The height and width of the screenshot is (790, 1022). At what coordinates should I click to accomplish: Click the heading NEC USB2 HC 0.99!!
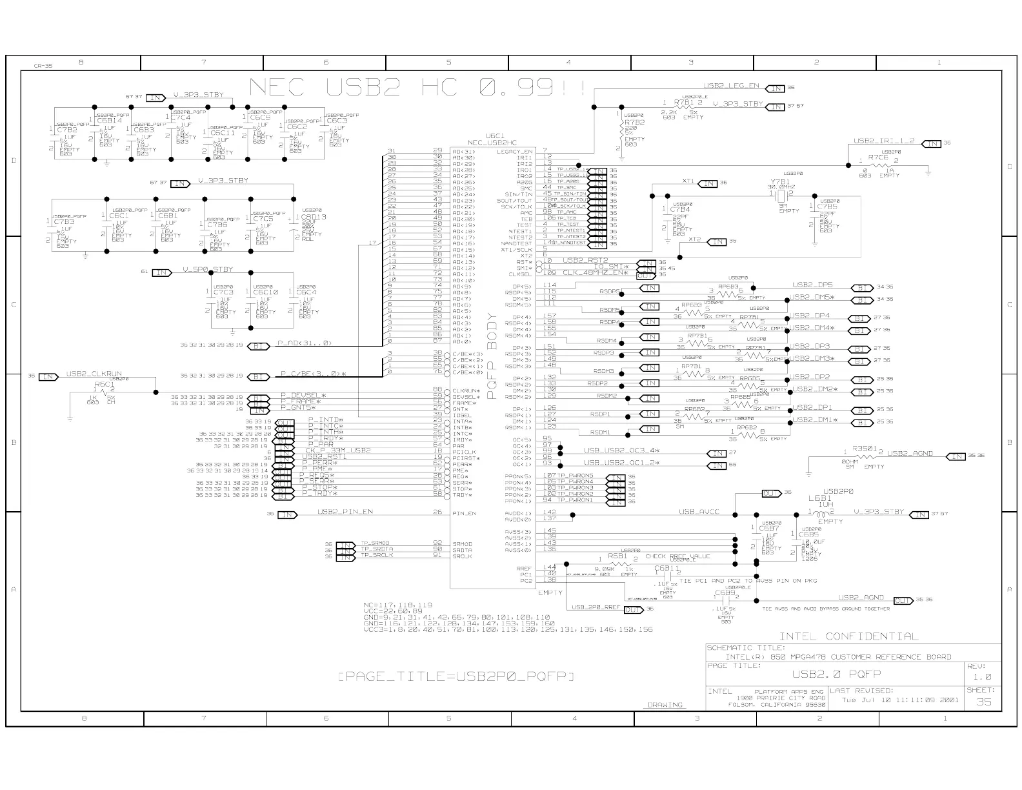click(417, 88)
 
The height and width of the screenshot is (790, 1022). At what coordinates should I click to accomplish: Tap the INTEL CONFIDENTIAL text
click(848, 636)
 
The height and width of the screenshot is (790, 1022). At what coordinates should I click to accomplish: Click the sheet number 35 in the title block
click(983, 702)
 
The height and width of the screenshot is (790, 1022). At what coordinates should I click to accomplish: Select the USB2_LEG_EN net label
click(731, 86)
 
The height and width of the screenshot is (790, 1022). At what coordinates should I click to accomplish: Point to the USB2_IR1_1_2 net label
click(884, 141)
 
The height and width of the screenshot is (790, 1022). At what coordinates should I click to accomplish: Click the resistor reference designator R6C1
click(104, 384)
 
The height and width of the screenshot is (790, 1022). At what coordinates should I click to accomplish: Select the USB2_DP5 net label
click(812, 285)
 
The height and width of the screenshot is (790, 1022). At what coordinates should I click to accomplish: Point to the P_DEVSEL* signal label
click(303, 395)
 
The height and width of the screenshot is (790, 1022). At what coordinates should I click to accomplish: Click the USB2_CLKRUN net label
click(94, 374)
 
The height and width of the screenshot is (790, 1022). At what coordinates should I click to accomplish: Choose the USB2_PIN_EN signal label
click(345, 512)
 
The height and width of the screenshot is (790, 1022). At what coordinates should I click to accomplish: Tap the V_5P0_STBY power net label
click(207, 269)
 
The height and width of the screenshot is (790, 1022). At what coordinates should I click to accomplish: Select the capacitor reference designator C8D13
click(313, 217)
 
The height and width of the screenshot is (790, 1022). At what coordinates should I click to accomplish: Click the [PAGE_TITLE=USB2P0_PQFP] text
click(456, 676)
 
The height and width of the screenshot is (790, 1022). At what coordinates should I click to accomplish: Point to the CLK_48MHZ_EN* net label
click(596, 272)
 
